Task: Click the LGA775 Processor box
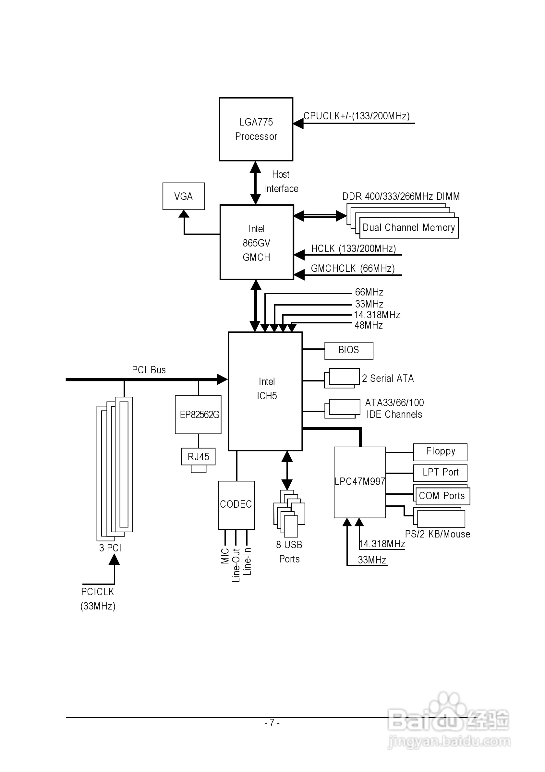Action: pyautogui.click(x=256, y=129)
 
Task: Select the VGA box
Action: pyautogui.click(x=184, y=196)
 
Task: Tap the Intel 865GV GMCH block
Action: pyautogui.click(x=257, y=242)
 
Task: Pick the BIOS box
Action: pyautogui.click(x=349, y=350)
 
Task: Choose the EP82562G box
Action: pyautogui.click(x=198, y=415)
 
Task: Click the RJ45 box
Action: pyautogui.click(x=198, y=457)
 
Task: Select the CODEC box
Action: pyautogui.click(x=236, y=504)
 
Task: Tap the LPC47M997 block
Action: pyautogui.click(x=359, y=482)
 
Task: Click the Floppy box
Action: pyautogui.click(x=440, y=452)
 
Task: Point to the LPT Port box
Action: pyautogui.click(x=440, y=472)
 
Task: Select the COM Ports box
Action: pyautogui.click(x=442, y=496)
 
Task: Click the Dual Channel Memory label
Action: pyautogui.click(x=408, y=228)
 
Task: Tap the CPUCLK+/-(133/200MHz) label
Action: pyautogui.click(x=357, y=116)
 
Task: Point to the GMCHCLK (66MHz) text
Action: pyautogui.click(x=353, y=268)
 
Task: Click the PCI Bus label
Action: pyautogui.click(x=149, y=370)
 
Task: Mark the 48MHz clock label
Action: pyautogui.click(x=369, y=325)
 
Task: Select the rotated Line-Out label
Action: pyautogui.click(x=236, y=565)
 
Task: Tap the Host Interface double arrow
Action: pyautogui.click(x=256, y=183)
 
